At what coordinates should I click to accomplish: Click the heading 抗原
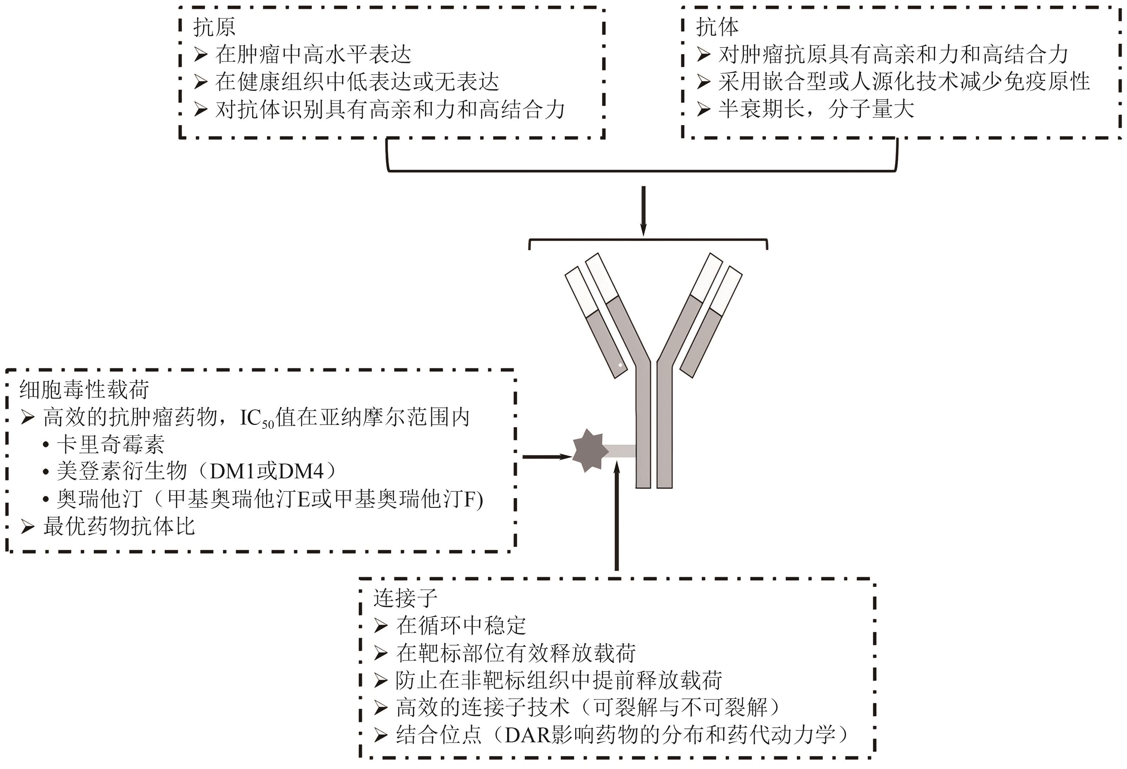(x=214, y=27)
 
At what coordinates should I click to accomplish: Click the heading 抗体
(x=718, y=27)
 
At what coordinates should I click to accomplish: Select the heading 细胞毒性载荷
(x=84, y=389)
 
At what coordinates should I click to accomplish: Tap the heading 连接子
(x=405, y=598)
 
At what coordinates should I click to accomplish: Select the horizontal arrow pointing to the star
(x=548, y=457)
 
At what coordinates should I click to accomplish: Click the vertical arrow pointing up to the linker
(x=617, y=516)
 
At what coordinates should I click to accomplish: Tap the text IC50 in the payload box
(x=257, y=419)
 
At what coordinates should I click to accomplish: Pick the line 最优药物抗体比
(x=108, y=526)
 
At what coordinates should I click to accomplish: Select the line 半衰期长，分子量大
(x=806, y=109)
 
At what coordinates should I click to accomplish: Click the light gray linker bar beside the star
(x=619, y=451)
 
